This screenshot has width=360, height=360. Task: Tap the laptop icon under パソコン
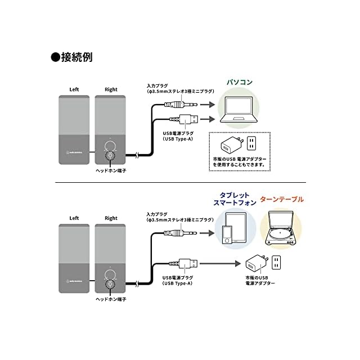238,110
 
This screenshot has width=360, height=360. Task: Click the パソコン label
240,82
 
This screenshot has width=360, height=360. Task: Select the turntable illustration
281,228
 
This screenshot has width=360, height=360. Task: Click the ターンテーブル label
282,199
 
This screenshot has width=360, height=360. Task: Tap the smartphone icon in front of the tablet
227,235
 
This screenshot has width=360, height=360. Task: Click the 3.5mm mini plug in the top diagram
181,105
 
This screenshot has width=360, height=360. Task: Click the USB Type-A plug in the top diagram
184,119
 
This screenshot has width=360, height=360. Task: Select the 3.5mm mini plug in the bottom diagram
180,233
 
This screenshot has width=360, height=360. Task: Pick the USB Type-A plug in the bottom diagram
183,264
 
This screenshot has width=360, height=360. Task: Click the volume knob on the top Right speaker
110,146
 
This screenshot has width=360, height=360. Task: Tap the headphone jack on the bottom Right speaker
110,285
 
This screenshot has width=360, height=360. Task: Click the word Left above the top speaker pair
74,89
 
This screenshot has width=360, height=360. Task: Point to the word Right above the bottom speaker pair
111,218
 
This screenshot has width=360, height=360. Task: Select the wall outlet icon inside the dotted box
251,143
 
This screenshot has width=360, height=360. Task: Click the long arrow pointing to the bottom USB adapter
220,264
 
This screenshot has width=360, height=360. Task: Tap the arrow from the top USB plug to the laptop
208,119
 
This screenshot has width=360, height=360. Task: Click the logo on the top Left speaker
74,152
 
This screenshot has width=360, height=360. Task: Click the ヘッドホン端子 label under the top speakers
111,170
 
